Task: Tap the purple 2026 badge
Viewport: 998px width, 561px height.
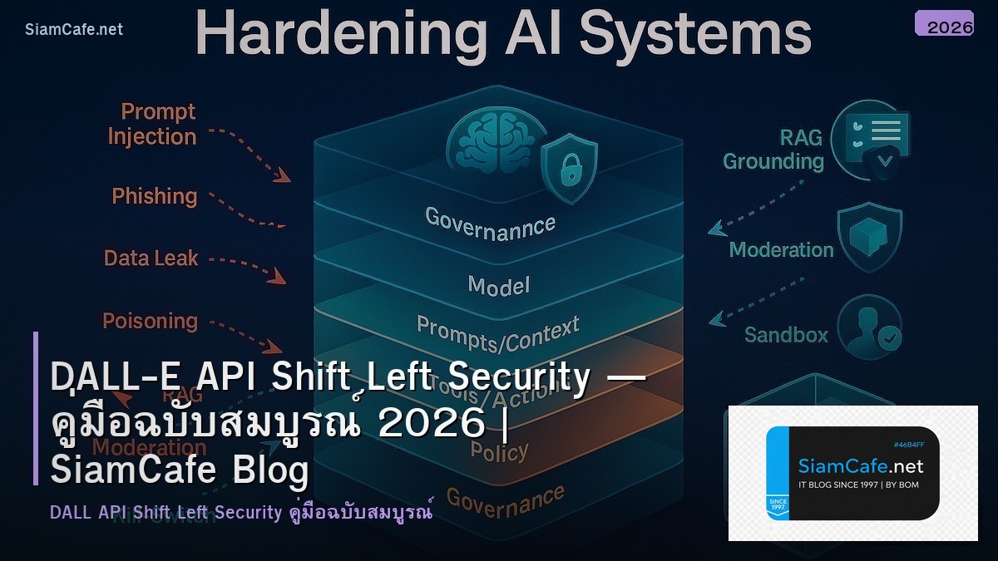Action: point(944,24)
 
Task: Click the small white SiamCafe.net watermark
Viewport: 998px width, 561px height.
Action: point(74,29)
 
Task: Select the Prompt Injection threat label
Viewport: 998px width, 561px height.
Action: point(152,124)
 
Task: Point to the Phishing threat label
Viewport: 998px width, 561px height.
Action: point(155,196)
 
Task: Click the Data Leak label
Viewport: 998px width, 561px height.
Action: point(151,258)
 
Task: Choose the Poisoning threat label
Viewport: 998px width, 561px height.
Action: point(150,321)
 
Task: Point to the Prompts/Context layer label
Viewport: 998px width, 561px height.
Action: point(497,333)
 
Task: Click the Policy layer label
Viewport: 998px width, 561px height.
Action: point(499,451)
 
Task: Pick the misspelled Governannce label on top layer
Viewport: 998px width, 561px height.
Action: point(490,224)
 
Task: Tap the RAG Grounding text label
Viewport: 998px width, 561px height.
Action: point(773,149)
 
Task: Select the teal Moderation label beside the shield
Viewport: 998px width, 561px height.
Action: point(781,249)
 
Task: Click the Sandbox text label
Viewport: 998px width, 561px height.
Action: point(786,335)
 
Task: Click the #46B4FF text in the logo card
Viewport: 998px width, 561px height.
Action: point(909,445)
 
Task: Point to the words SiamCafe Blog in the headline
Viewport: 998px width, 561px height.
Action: point(179,470)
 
